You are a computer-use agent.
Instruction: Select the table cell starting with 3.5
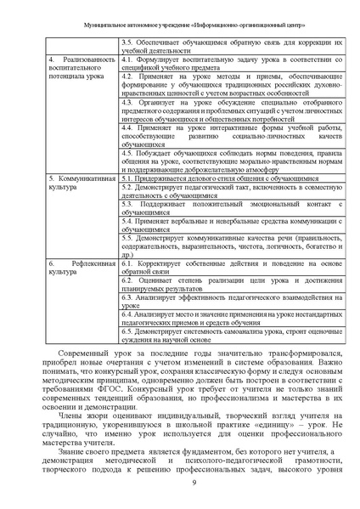click(232, 45)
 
